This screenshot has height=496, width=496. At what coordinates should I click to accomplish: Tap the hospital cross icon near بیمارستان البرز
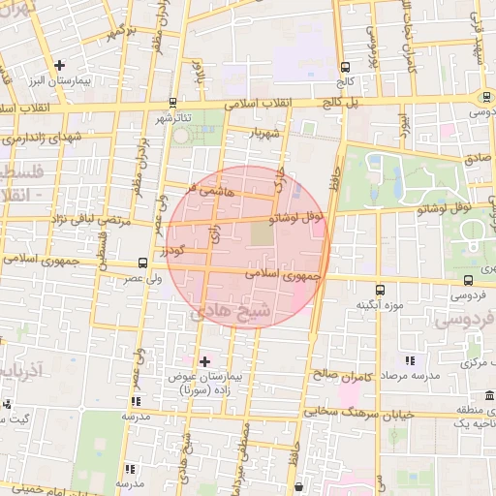(60, 64)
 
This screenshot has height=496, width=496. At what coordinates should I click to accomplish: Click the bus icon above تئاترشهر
(172, 102)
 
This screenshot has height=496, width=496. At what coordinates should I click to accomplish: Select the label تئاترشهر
(174, 117)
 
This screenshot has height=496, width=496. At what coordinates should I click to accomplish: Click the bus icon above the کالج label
(345, 67)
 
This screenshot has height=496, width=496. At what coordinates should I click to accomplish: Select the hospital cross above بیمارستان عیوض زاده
(204, 361)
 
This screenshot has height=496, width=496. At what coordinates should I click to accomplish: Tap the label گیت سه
(39, 418)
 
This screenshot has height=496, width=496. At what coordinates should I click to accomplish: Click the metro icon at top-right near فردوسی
(483, 97)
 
